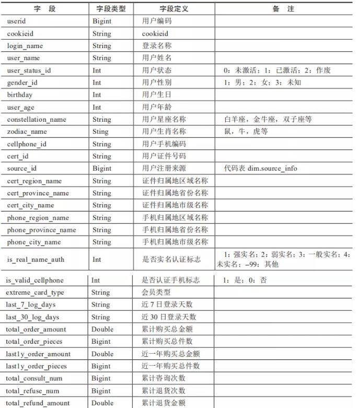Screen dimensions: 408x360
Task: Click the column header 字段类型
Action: point(111,9)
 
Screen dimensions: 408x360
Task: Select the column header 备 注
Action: point(283,9)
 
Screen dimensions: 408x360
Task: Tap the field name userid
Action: point(17,21)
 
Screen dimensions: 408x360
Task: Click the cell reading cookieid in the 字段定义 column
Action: point(155,33)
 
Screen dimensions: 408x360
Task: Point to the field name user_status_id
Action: point(29,70)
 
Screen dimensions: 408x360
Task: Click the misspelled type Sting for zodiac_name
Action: point(101,132)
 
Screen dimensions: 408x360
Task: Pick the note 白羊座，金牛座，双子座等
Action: point(268,119)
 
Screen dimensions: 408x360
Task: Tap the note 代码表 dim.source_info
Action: point(260,168)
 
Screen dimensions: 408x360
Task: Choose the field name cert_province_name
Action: point(38,193)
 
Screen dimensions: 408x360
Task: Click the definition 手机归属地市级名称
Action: point(175,242)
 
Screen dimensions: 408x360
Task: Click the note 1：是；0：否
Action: point(245,280)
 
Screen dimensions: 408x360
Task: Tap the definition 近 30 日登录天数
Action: point(169,317)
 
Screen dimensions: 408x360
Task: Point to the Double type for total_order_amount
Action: point(102,329)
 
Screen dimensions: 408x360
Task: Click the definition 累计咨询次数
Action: point(164,378)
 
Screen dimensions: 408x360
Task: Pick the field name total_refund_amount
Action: point(38,403)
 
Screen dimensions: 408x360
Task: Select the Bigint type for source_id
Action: point(102,168)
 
